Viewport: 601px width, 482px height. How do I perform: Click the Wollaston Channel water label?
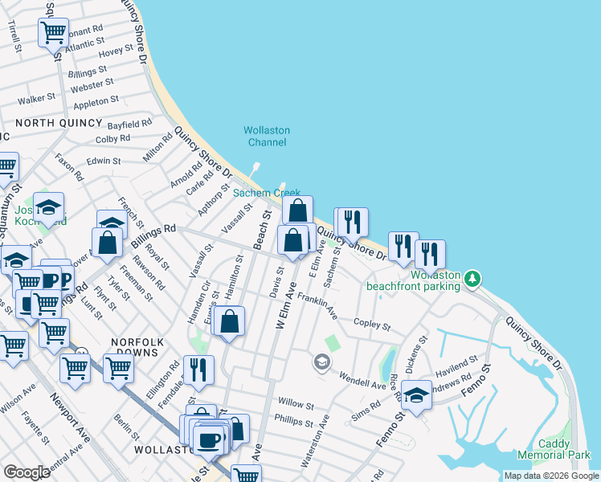coord(267,137)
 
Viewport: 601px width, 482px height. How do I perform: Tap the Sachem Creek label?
coord(267,193)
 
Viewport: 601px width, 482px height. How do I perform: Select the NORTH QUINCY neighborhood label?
coord(59,123)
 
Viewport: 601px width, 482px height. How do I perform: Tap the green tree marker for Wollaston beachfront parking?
coord(474,279)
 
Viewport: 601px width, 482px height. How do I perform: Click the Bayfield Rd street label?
coord(130,125)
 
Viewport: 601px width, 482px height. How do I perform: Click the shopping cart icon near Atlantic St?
coord(53,33)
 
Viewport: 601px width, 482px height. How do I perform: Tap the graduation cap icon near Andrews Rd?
coord(416,395)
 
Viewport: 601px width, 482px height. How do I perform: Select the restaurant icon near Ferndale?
coord(198,370)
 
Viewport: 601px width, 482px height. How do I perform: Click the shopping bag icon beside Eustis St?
coord(230,321)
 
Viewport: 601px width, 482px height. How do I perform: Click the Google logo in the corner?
coord(27,472)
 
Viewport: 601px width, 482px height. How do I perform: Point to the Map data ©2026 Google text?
coord(551,476)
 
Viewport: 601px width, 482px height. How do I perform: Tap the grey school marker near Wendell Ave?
coord(321,363)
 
